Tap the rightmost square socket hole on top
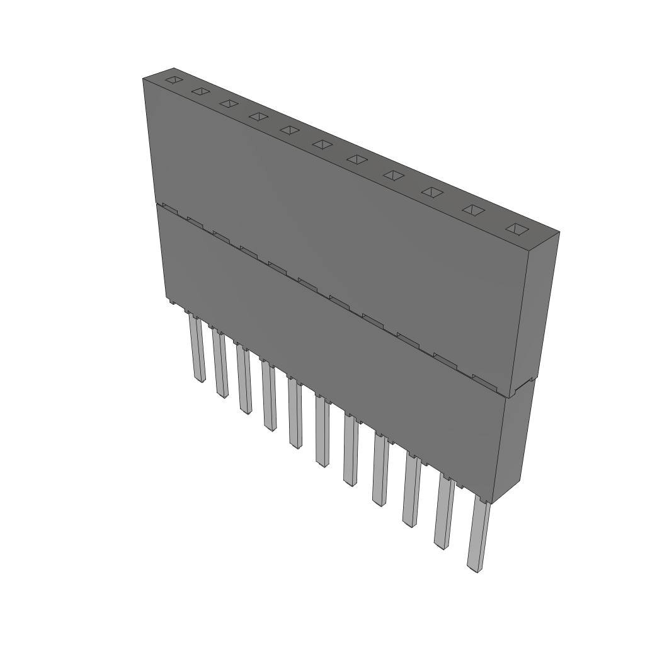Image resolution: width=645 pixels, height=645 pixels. click(516, 229)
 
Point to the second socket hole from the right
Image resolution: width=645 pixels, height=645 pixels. click(474, 210)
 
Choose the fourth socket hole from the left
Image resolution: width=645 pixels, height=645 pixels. click(258, 116)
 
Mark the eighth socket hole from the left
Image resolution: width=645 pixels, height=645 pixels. click(393, 174)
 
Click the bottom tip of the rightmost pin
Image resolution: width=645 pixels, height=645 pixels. click(473, 568)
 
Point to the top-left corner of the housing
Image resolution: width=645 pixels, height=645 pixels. click(144, 78)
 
